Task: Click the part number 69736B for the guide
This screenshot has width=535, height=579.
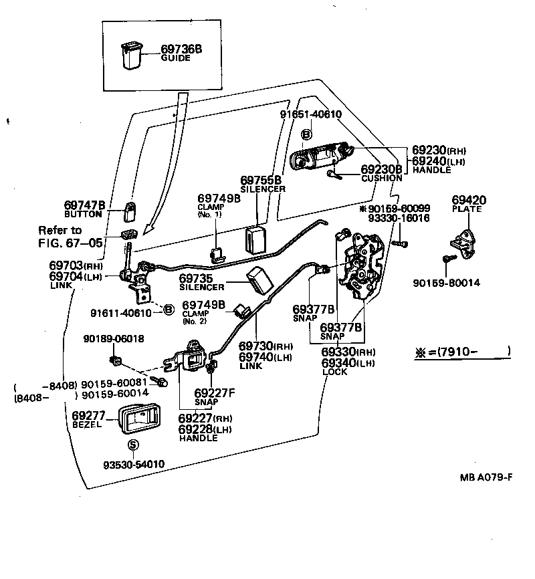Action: click(181, 49)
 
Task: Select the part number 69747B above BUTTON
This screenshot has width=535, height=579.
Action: click(85, 205)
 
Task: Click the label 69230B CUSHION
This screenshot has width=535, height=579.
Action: click(382, 173)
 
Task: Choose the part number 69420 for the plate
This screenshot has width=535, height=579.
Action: click(468, 200)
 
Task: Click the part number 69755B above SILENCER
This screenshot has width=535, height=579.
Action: click(261, 181)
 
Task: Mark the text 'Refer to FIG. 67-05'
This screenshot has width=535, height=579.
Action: click(68, 235)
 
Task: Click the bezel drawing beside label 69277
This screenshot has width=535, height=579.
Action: click(140, 419)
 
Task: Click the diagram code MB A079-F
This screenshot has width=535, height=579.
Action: click(486, 477)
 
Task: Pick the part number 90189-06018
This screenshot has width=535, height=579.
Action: click(114, 338)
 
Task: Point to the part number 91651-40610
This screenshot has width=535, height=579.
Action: click(310, 114)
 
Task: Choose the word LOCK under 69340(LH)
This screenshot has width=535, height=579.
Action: click(334, 372)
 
